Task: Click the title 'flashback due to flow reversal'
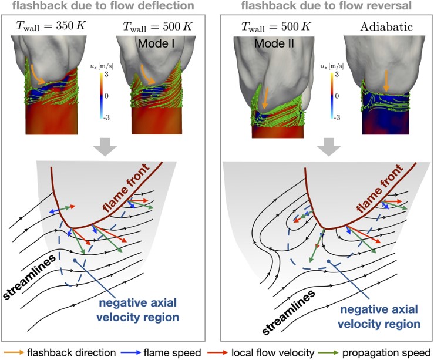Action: (x=327, y=6)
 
